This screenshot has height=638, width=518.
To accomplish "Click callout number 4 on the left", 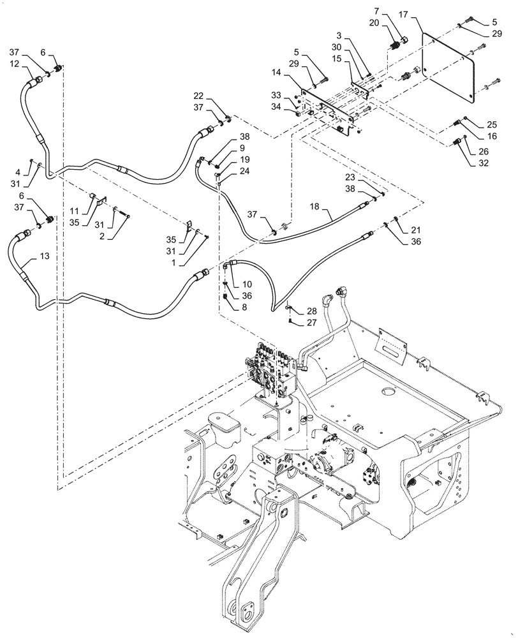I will tap(17, 171).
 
